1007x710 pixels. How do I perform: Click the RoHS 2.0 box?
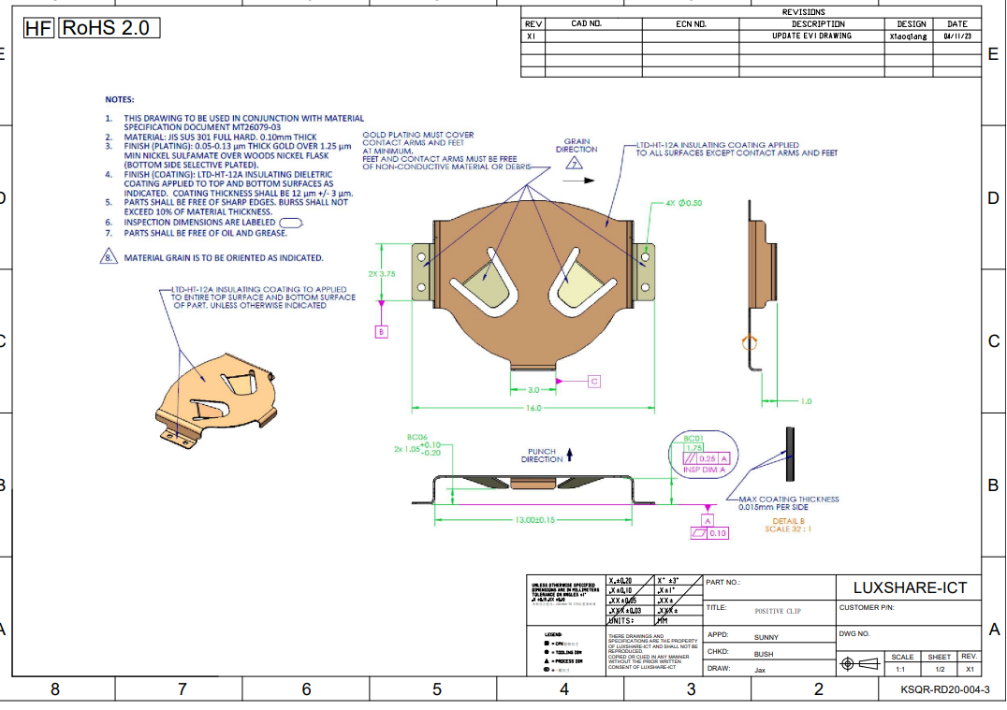[x=109, y=28]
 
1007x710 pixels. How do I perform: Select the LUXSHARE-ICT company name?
[x=909, y=587]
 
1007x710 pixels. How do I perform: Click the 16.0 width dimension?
[x=533, y=408]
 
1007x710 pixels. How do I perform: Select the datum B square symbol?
[x=382, y=332]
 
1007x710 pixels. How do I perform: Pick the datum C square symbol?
[x=593, y=381]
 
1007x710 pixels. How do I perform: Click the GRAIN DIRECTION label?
[x=576, y=145]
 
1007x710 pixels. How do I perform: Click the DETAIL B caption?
[x=788, y=521]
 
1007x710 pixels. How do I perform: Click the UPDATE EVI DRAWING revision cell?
[x=810, y=36]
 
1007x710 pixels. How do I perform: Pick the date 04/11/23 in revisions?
[x=956, y=36]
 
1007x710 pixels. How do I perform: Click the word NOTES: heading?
[x=119, y=99]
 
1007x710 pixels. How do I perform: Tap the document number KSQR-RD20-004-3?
[x=944, y=689]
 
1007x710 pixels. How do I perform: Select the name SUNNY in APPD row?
[x=766, y=637]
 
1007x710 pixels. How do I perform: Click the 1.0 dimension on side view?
[x=805, y=401]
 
